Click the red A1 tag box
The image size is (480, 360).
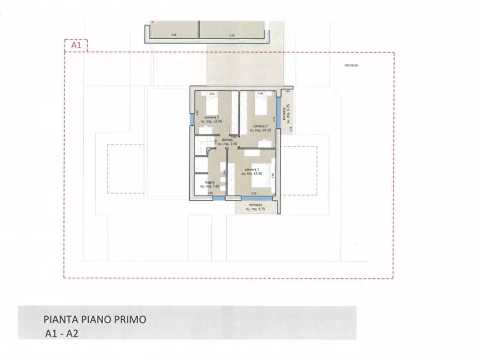click(x=76, y=46)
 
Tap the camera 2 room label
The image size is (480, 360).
click(x=255, y=127)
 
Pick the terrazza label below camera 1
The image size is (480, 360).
click(x=256, y=207)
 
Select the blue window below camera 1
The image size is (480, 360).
click(x=253, y=198)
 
